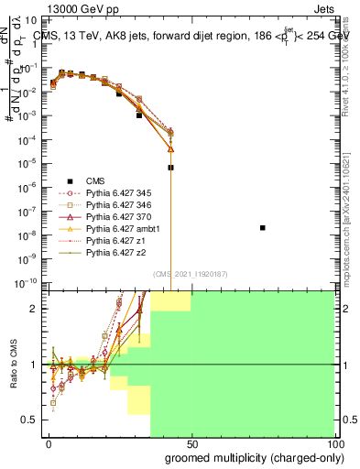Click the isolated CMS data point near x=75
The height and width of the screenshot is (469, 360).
[263, 227]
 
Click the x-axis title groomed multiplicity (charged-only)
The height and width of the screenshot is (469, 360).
[249, 457]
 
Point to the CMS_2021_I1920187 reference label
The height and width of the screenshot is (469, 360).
[191, 273]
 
